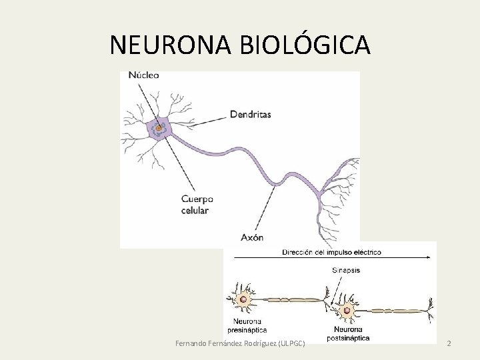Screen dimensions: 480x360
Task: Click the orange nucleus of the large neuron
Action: click(159, 127)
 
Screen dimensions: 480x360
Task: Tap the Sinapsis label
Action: click(347, 271)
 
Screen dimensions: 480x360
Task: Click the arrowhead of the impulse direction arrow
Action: click(426, 257)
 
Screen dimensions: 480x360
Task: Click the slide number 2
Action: click(449, 343)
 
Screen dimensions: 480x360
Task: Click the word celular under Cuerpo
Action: click(195, 211)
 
